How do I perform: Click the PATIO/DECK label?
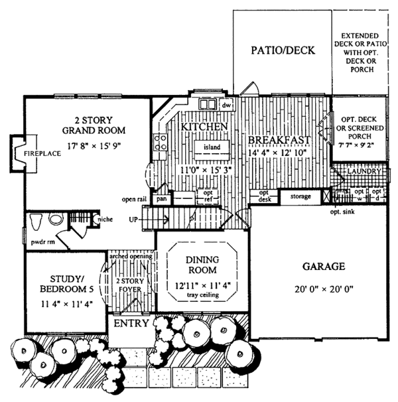[282, 50]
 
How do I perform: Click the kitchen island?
[211, 146]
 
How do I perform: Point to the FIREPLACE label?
[43, 153]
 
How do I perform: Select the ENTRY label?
[132, 324]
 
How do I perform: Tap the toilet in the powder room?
[38, 221]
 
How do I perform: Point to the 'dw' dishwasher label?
[226, 105]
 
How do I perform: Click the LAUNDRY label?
[364, 171]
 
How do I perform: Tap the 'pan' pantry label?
[161, 198]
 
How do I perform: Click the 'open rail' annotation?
[134, 198]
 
